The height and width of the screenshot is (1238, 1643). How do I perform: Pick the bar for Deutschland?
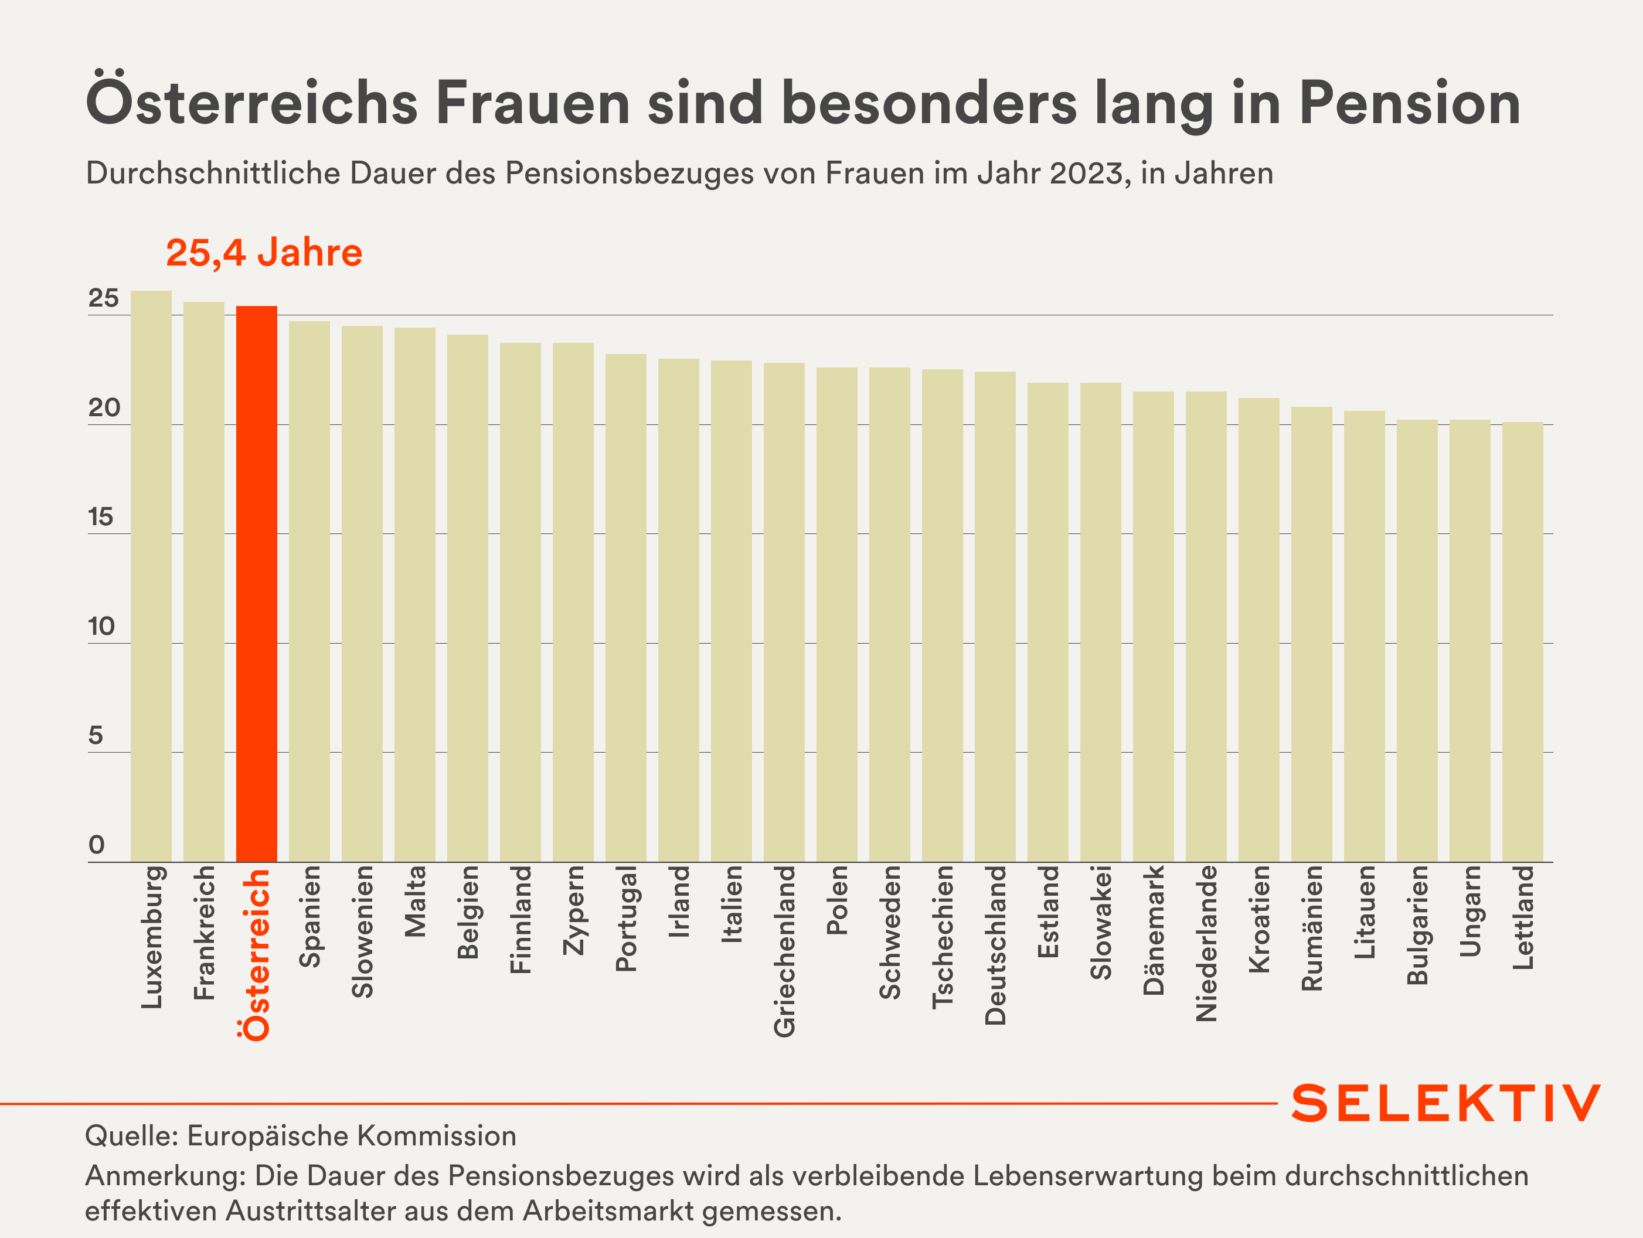coord(995,617)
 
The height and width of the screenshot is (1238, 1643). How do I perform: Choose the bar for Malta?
coord(414,594)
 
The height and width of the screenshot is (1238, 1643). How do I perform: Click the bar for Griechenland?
coord(784,612)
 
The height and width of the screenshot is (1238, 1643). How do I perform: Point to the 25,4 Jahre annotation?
coord(264,253)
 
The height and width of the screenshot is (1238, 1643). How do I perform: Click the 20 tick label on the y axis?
coord(103,408)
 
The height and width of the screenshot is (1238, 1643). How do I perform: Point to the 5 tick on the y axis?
coord(95,736)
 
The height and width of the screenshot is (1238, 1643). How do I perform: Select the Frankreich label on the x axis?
coord(203,932)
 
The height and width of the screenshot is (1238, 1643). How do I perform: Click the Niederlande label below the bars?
coord(1206,943)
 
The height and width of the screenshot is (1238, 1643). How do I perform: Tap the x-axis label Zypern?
coord(573,910)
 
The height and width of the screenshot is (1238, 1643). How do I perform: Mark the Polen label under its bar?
coord(836,900)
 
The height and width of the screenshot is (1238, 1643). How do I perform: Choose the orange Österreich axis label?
coord(256,954)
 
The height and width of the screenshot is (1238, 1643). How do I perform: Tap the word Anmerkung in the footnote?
coord(164,1176)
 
